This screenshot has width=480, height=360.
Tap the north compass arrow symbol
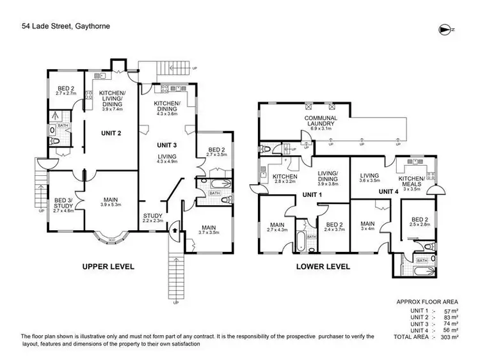[x=447, y=29]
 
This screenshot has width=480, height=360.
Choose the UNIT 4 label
[x=390, y=191]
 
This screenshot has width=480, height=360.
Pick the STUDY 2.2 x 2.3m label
[x=154, y=218]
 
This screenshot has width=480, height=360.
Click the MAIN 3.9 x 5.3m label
[x=111, y=201]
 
